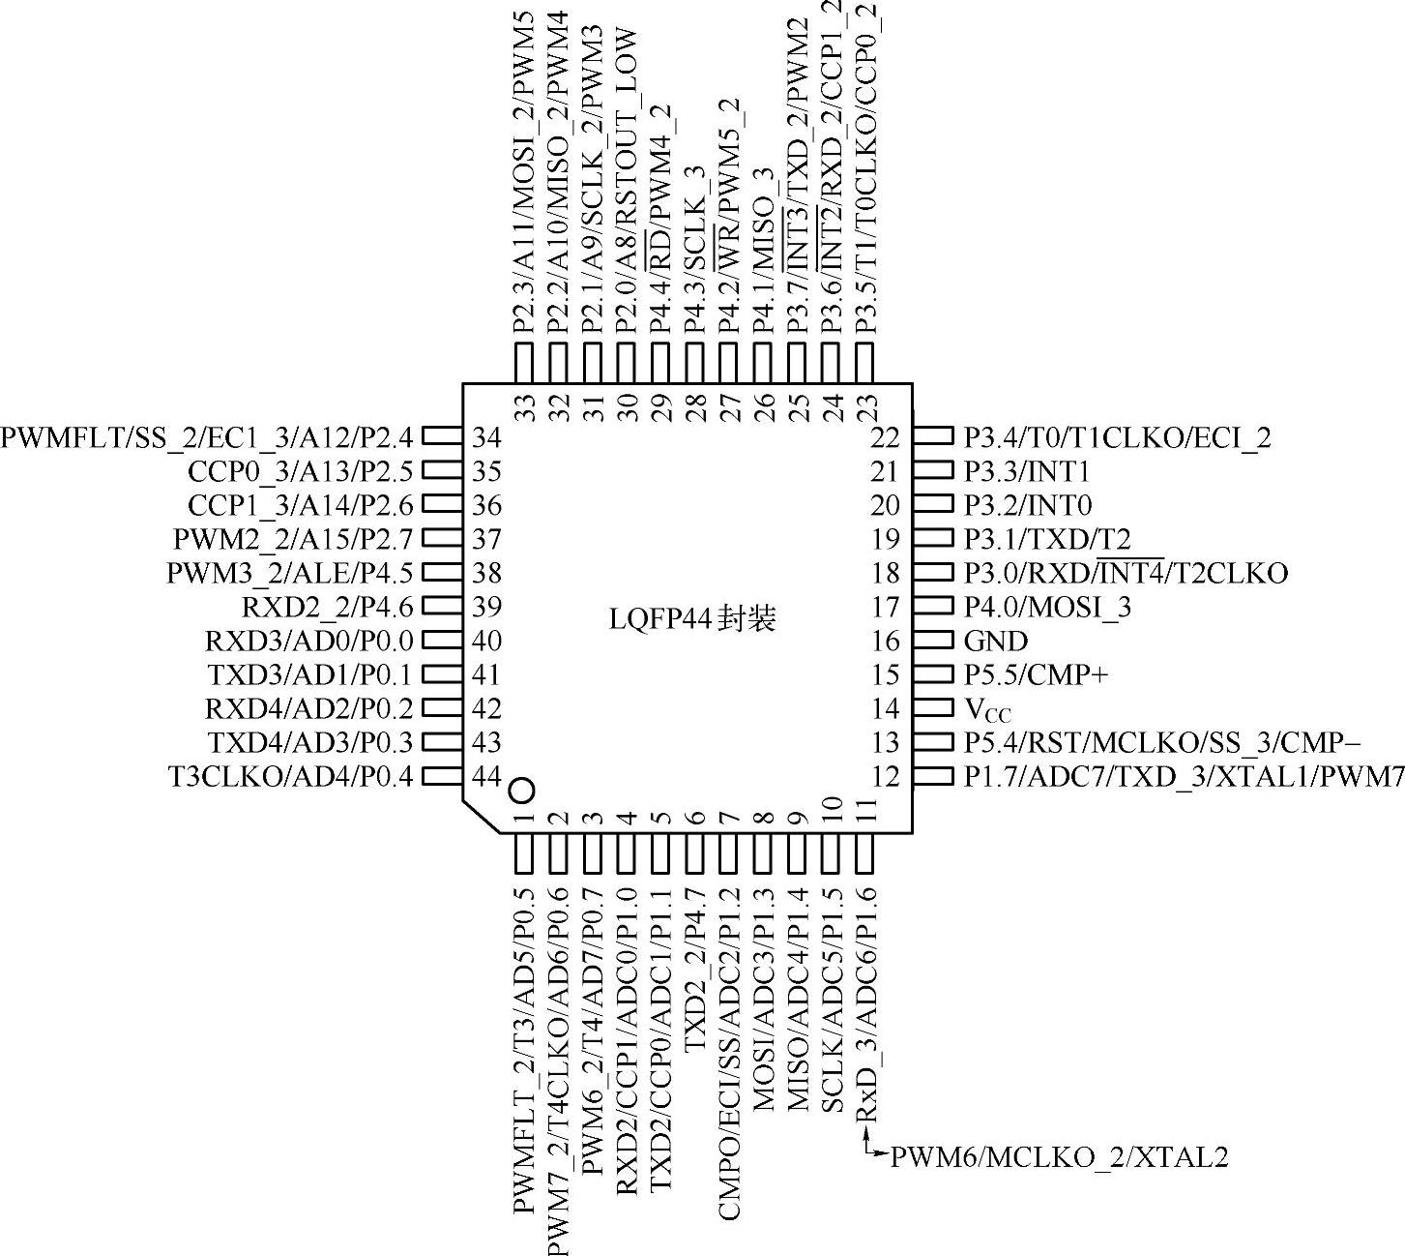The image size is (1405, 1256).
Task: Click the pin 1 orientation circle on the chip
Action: point(521,791)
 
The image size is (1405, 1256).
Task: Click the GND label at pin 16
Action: point(996,641)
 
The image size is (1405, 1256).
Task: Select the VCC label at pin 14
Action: point(987,709)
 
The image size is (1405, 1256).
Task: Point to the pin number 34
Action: point(487,437)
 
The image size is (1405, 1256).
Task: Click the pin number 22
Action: point(885,437)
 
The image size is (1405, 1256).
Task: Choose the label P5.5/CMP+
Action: point(1036,674)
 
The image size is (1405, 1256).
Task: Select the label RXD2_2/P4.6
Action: point(327,608)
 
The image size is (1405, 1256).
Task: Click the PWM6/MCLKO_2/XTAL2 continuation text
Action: point(1059,1156)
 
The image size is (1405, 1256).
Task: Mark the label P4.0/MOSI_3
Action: point(1047,607)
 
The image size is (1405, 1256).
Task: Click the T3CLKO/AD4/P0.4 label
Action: point(290,776)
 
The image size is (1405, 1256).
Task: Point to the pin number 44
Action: point(487,776)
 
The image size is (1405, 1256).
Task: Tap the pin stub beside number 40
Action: point(442,641)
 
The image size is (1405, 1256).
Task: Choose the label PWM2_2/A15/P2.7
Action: point(293,539)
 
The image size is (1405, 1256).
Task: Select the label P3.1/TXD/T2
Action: point(1047,539)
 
